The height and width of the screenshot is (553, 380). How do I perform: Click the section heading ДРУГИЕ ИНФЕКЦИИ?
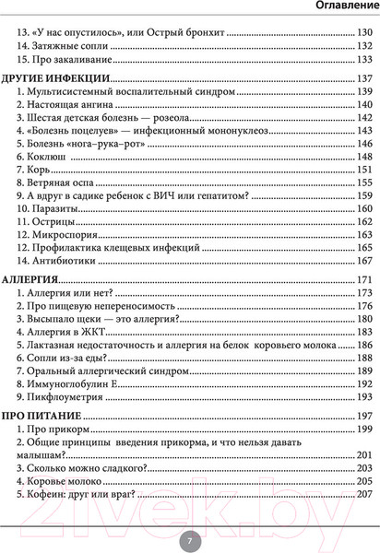coord(56,77)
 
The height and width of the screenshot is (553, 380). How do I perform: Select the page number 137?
coord(362,77)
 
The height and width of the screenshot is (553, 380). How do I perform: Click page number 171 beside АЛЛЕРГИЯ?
coord(362,278)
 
